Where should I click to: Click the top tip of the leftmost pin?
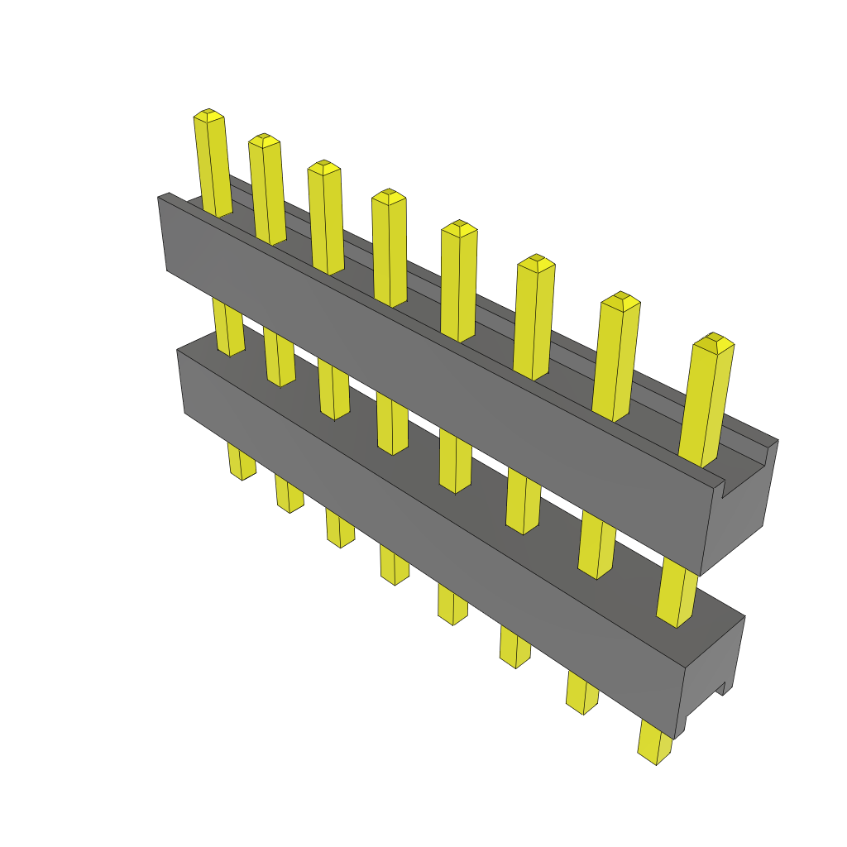click(208, 114)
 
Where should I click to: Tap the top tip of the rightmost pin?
click(713, 339)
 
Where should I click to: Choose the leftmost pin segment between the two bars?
click(228, 327)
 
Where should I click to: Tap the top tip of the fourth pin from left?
click(388, 195)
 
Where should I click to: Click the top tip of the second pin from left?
click(264, 139)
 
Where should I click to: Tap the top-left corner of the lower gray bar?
click(179, 352)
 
